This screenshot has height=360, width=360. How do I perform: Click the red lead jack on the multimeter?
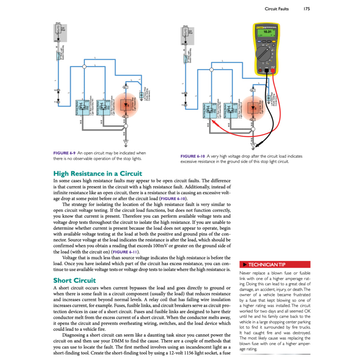point(273,70)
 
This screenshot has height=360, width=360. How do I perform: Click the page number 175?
point(306,9)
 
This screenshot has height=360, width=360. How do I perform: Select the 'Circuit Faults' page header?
point(277,9)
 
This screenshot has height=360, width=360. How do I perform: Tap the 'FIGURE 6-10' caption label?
point(193,156)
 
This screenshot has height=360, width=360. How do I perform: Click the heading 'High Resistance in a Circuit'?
point(97,173)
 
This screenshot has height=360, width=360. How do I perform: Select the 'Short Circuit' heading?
point(74,280)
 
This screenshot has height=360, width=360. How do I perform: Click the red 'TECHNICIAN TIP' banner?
point(275,264)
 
